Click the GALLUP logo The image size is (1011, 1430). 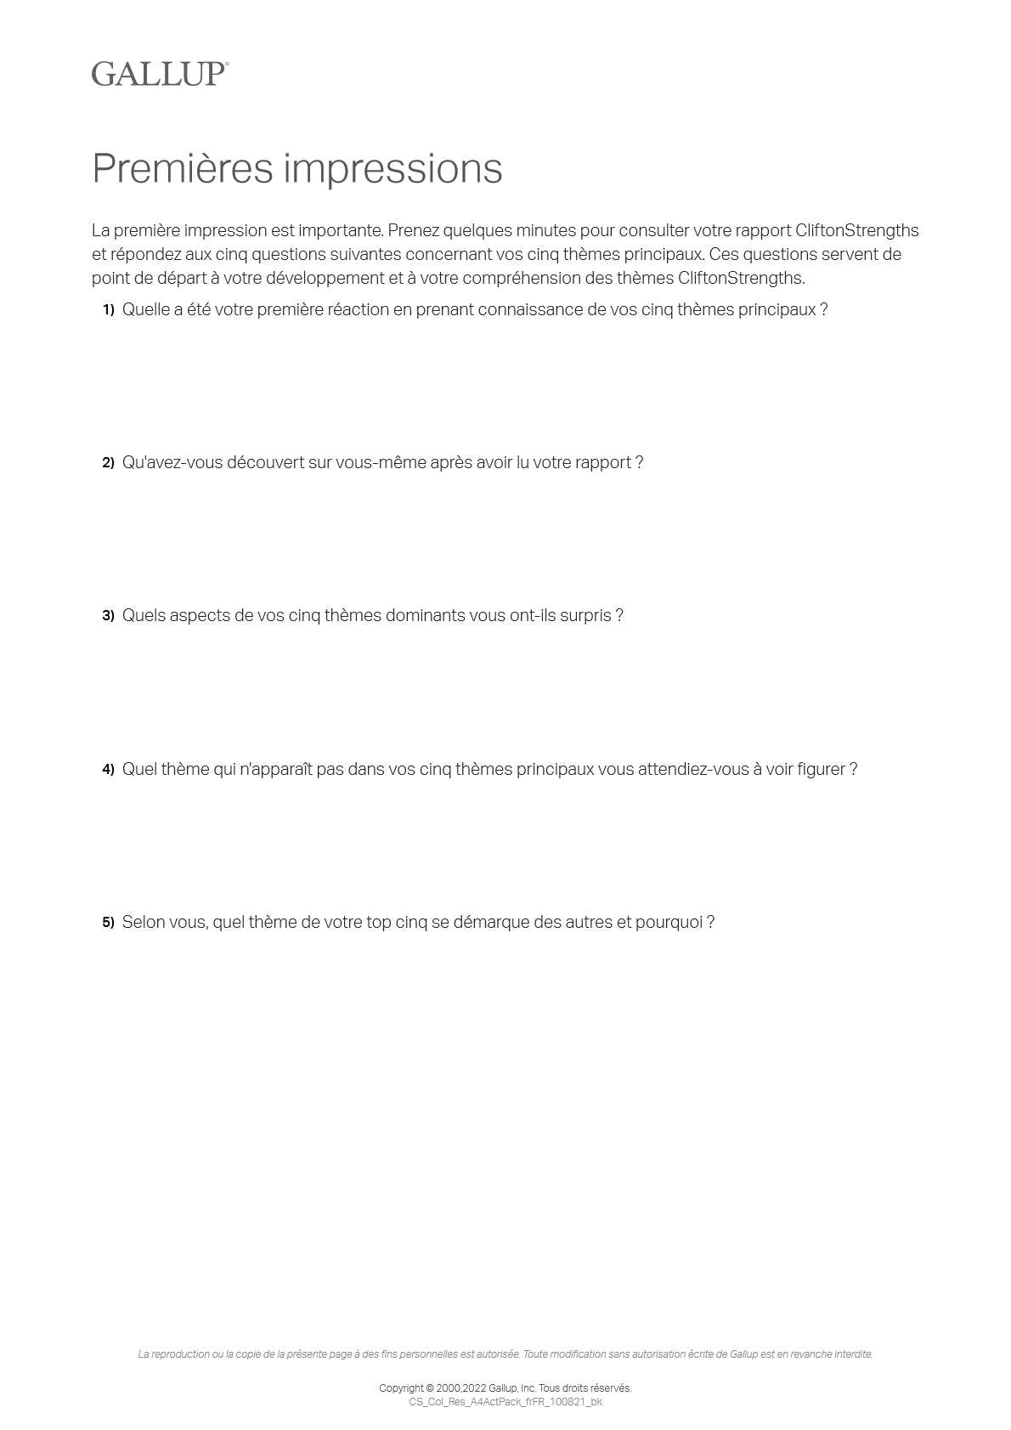click(160, 74)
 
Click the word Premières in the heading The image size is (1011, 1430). click(182, 168)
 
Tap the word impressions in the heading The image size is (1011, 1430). click(393, 168)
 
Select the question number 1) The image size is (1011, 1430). click(108, 310)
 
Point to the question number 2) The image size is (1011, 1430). click(108, 463)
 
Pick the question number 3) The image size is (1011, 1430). click(108, 616)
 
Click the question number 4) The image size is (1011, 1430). click(108, 770)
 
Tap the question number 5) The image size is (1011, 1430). click(108, 923)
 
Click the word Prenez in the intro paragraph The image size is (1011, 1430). click(413, 230)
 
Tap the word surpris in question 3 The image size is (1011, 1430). click(585, 615)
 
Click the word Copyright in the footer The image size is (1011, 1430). click(400, 1388)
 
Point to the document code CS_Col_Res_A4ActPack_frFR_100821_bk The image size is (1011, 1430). click(505, 1402)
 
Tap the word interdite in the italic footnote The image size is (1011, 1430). click(852, 1354)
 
